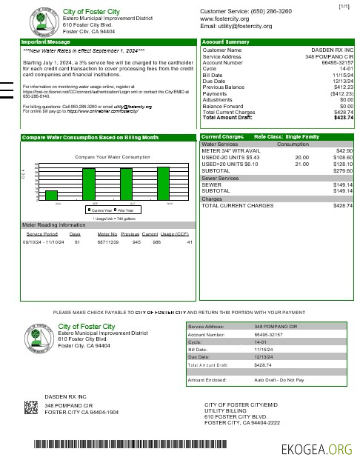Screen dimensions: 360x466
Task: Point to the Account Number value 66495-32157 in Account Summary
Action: click(x=337, y=63)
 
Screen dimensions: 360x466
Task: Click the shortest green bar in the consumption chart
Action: click(x=51, y=196)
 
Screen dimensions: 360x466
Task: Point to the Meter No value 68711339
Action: click(x=109, y=242)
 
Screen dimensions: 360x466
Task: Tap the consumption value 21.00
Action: click(x=301, y=164)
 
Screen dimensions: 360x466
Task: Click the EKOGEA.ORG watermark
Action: click(x=319, y=448)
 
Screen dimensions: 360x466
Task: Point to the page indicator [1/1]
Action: click(x=344, y=7)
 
